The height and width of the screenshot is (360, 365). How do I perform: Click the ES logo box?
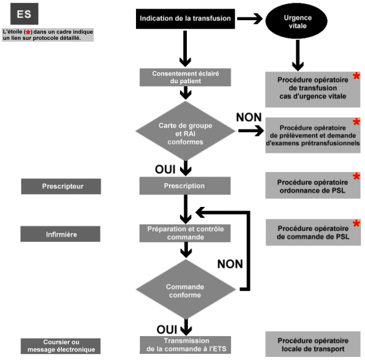(24, 13)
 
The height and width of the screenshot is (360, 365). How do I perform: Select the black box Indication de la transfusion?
(186, 19)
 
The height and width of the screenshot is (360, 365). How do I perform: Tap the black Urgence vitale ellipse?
(296, 21)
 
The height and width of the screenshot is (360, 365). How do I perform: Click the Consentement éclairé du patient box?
(186, 77)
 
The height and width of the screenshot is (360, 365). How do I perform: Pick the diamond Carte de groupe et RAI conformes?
(186, 131)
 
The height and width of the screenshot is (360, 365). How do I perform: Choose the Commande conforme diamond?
(186, 289)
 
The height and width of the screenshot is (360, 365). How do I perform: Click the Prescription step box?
(185, 186)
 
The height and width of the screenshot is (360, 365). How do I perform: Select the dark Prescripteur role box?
(61, 186)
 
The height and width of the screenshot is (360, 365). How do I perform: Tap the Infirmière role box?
(60, 234)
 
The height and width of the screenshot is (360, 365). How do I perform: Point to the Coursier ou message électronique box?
(61, 346)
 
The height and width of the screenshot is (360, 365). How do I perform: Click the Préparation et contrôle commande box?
(185, 233)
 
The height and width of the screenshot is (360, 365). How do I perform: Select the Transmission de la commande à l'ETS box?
(186, 345)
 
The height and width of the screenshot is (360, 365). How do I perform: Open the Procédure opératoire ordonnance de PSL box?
(313, 186)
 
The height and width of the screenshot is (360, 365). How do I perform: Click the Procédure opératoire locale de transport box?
(313, 344)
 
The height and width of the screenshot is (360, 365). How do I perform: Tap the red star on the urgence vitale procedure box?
(356, 76)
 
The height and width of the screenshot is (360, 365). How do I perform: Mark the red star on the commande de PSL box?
(356, 223)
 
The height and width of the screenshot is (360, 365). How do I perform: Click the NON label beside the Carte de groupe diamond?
(249, 118)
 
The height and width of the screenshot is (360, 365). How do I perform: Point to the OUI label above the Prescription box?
(165, 170)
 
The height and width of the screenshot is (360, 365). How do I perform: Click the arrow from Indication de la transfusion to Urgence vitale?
(250, 18)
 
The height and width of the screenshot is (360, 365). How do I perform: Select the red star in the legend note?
(28, 32)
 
